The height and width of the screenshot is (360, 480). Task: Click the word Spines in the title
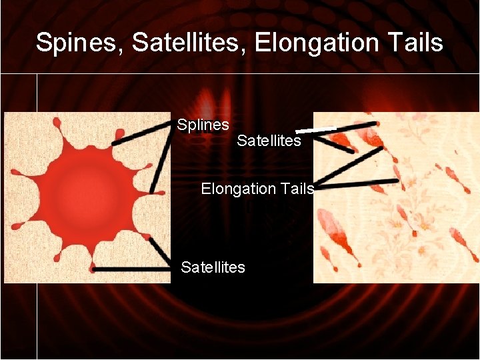79,43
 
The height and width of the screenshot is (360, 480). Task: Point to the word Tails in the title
415,43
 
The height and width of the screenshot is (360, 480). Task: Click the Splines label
203,125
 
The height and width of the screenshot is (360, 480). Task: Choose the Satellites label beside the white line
269,141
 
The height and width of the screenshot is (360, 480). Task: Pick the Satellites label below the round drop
213,267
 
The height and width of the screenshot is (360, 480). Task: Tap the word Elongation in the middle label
238,189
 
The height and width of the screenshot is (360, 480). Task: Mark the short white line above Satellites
315,129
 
